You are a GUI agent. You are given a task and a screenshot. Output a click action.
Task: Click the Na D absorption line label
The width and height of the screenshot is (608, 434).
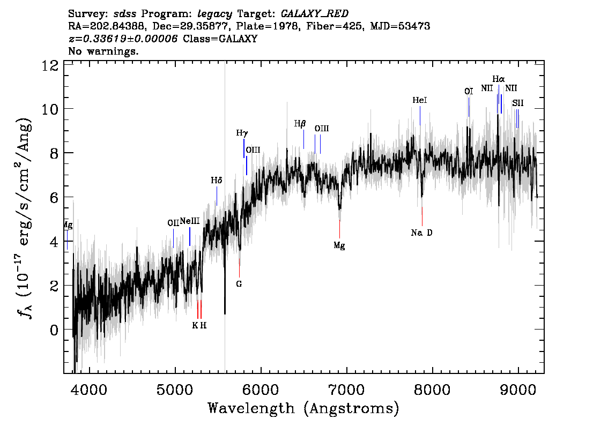tap(421, 233)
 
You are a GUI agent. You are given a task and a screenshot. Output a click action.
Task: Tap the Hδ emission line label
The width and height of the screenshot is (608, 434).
tap(217, 181)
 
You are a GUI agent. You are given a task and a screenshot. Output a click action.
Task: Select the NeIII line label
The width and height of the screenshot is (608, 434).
tap(190, 221)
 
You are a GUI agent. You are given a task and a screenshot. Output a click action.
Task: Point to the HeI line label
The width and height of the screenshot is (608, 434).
tap(420, 100)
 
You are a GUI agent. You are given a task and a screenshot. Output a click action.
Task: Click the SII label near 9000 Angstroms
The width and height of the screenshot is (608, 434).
tap(517, 103)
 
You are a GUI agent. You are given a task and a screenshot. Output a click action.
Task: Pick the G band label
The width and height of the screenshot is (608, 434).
tap(239, 284)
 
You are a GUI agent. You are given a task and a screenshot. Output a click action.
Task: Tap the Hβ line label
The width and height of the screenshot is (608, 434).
tap(300, 124)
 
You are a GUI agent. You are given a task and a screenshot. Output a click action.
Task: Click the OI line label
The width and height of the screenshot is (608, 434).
tap(469, 92)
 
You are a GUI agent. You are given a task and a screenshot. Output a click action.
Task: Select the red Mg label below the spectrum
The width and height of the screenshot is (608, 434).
tap(339, 246)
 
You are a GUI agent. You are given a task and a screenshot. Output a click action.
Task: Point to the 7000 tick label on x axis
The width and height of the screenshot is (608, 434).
tap(346, 390)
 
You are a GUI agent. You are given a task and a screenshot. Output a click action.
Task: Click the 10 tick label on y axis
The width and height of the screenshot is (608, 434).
tap(50, 109)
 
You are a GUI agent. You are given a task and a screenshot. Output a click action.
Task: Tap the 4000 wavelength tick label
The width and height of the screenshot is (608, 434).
tap(90, 390)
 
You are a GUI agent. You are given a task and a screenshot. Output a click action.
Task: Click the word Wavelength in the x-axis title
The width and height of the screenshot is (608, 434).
tap(251, 408)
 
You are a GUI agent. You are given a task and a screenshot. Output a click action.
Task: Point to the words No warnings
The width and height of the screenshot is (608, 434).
tap(103, 51)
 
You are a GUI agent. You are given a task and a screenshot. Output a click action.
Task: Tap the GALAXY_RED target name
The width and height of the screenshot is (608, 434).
tap(315, 14)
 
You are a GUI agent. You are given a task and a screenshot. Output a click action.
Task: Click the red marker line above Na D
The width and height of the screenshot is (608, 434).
tap(422, 216)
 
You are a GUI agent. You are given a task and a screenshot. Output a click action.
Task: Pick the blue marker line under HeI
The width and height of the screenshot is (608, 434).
tap(420, 116)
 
